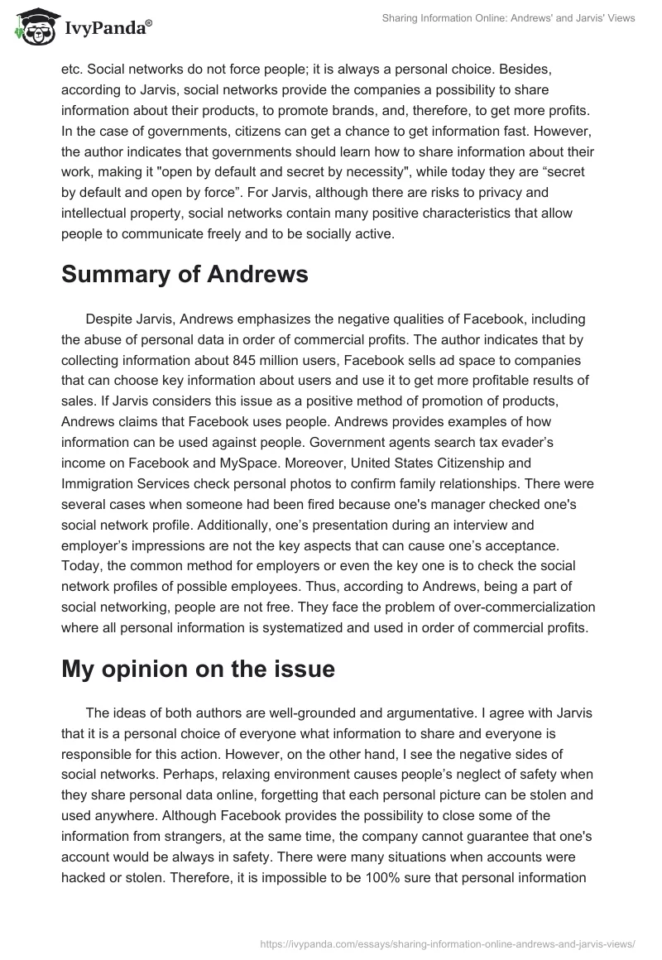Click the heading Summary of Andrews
click(185, 275)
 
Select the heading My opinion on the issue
click(198, 669)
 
